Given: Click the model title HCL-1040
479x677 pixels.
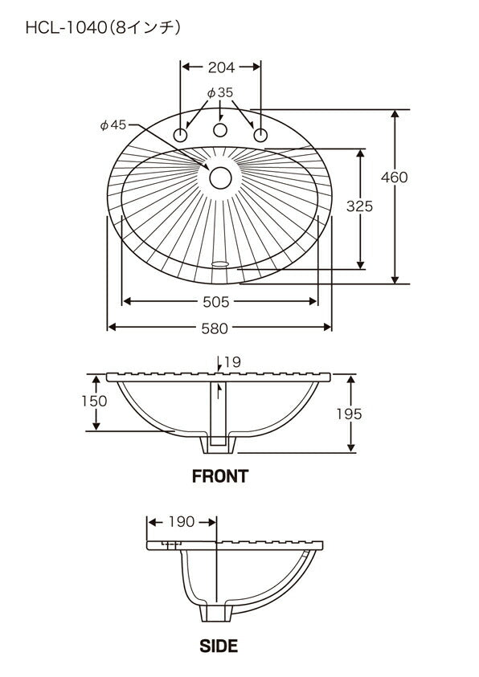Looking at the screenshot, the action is click(66, 28).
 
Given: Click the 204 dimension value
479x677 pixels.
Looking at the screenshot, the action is click(221, 67).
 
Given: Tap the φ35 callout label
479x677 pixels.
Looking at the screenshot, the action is click(220, 92).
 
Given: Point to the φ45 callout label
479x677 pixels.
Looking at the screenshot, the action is click(113, 124).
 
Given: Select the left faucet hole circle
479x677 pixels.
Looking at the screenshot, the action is click(180, 135).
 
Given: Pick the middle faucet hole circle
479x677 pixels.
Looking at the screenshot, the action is click(220, 130).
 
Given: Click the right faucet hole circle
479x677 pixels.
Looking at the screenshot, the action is click(260, 135).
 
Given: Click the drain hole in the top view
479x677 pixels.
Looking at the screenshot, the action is click(220, 178).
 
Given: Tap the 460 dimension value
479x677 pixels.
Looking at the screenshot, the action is click(394, 177).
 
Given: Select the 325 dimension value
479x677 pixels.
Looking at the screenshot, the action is click(359, 206).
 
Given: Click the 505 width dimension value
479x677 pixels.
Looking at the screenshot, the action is click(216, 302).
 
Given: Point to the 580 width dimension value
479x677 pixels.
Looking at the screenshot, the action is click(215, 328).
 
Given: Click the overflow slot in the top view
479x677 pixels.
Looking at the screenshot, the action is click(220, 263).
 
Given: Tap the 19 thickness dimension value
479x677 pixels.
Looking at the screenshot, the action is click(232, 362).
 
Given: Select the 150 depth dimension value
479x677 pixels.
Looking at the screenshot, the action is click(94, 401).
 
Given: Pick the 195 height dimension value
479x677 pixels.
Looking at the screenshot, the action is click(349, 414).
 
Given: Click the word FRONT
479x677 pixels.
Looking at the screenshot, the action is click(220, 476).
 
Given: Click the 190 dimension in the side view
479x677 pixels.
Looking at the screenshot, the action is click(182, 521).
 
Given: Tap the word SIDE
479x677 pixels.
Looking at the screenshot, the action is click(219, 646).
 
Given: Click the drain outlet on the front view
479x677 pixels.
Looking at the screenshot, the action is click(219, 445).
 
